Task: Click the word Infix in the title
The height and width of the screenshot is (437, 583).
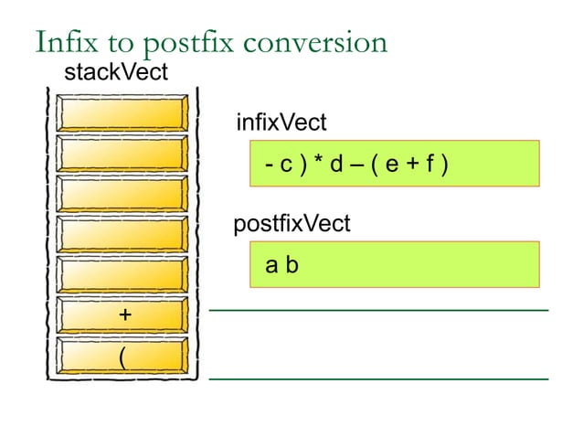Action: tap(63, 42)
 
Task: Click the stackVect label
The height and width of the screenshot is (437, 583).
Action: tap(115, 73)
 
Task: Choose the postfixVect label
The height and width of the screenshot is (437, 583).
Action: tap(291, 224)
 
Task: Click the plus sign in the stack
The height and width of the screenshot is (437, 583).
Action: tap(124, 314)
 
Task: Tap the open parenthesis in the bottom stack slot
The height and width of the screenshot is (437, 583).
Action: tap(122, 356)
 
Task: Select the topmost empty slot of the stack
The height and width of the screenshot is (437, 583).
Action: tap(122, 113)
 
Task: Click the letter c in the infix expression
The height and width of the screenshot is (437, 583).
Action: tap(285, 165)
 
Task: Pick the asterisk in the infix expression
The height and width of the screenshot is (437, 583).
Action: tap(316, 165)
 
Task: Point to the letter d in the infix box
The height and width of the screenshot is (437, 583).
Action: tap(335, 165)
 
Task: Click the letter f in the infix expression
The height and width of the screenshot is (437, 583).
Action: tap(429, 165)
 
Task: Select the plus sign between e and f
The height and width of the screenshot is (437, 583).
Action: tap(411, 165)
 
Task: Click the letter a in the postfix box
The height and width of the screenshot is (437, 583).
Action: tap(270, 267)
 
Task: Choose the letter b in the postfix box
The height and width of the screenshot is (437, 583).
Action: tap(291, 266)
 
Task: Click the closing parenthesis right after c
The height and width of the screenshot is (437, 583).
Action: tap(300, 165)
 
